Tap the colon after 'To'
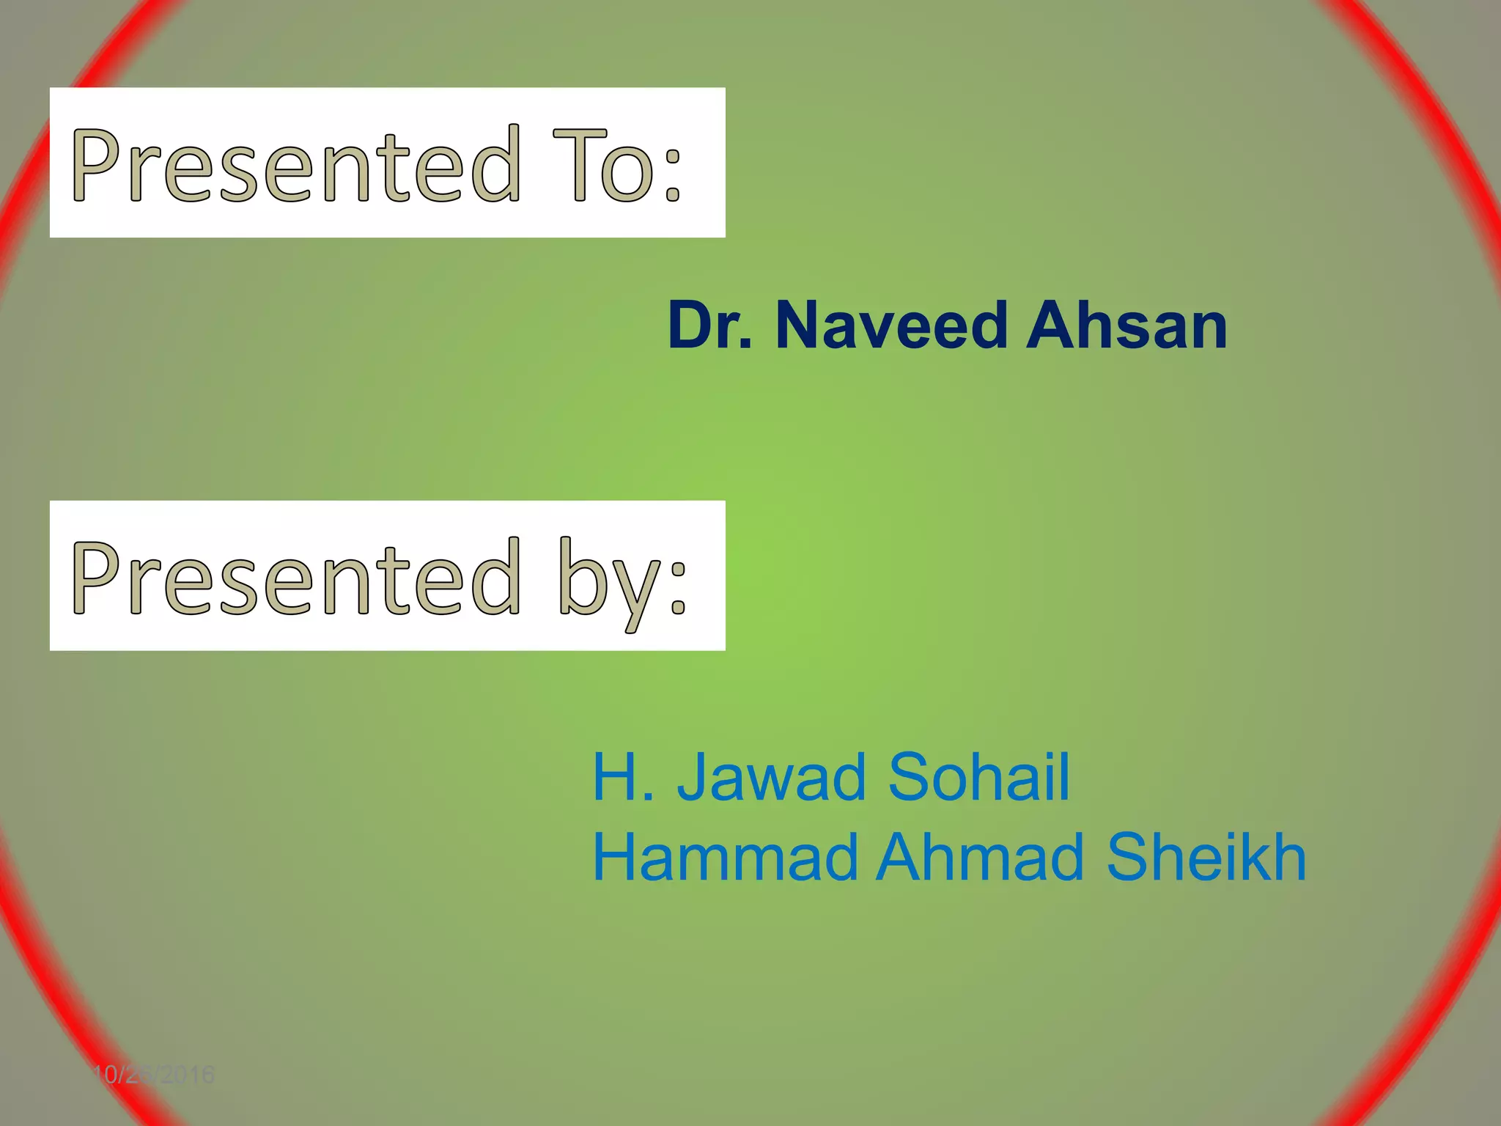pyautogui.click(x=673, y=173)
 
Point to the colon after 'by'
pyautogui.click(x=678, y=586)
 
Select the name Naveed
pyautogui.click(x=891, y=326)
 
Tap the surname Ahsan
pyautogui.click(x=1126, y=326)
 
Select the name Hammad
pyautogui.click(x=725, y=858)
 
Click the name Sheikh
pyautogui.click(x=1206, y=858)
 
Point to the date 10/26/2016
pyautogui.click(x=153, y=1075)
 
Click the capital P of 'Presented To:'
pyautogui.click(x=95, y=165)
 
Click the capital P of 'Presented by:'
pyautogui.click(x=95, y=578)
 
